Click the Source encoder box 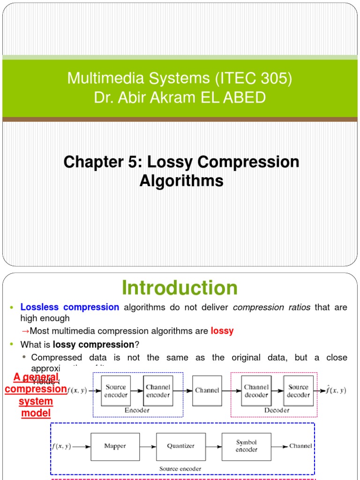tap(115, 391)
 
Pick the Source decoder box tap(298, 391)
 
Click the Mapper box tap(115, 446)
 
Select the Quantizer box tap(180, 446)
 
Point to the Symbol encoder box tap(247, 446)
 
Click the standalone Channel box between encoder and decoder tap(207, 390)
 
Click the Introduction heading tap(180, 288)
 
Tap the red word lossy tap(222, 331)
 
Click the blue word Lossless tap(39, 307)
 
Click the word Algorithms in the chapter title tap(181, 181)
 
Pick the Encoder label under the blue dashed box tap(137, 410)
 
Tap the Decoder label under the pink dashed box tap(277, 410)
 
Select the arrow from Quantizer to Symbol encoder tap(213, 446)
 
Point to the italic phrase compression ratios tap(271, 307)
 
